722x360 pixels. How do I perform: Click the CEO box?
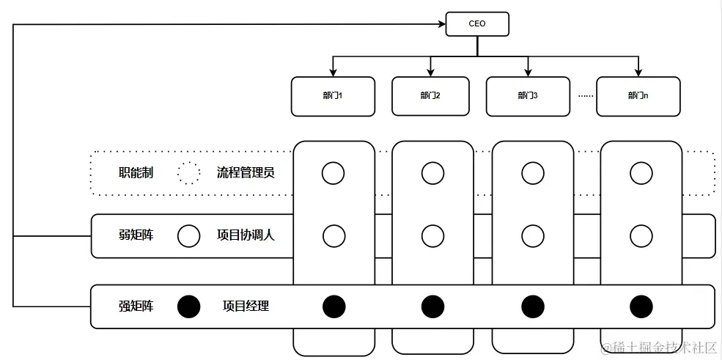tap(477, 23)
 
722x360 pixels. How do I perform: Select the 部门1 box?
tap(333, 96)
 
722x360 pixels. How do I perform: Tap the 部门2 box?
tap(430, 96)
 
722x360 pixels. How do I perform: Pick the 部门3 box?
tap(528, 96)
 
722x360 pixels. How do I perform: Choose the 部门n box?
tap(638, 96)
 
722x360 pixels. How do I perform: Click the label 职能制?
tap(136, 174)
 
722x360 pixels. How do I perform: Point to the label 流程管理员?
tap(246, 174)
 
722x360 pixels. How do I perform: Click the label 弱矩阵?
tap(136, 236)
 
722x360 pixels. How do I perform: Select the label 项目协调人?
tap(246, 236)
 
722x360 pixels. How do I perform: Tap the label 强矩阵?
tap(136, 306)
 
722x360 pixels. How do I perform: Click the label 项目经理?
tap(246, 306)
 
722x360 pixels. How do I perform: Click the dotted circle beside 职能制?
tap(188, 174)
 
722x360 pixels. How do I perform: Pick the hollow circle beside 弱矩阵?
tap(188, 236)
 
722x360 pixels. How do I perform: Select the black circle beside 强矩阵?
tap(188, 306)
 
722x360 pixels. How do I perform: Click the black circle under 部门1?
tap(334, 306)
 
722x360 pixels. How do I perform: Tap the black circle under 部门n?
tap(641, 306)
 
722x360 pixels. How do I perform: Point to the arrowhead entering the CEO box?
tap(442, 24)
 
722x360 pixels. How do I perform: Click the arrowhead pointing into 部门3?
tap(528, 73)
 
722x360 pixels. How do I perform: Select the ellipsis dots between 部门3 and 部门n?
tap(584, 96)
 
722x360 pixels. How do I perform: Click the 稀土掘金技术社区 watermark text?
tap(659, 347)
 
